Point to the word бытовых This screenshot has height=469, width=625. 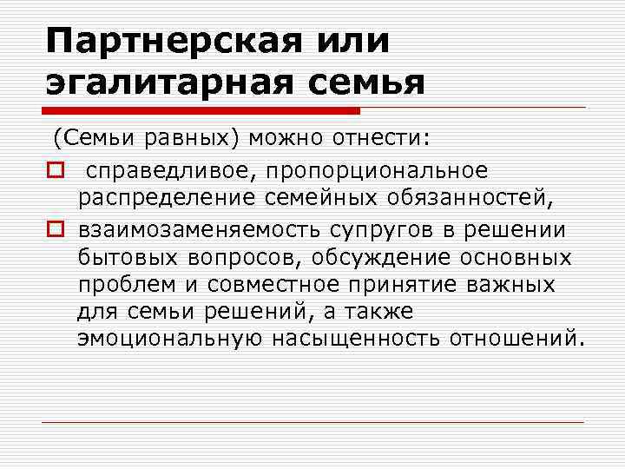pos(125,258)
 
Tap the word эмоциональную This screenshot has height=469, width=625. pos(169,335)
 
